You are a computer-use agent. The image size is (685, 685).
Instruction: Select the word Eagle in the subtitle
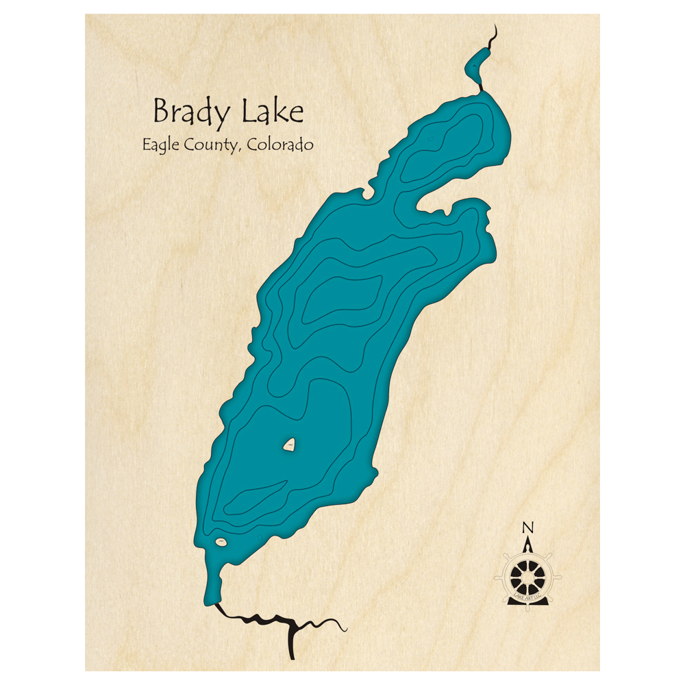(x=160, y=145)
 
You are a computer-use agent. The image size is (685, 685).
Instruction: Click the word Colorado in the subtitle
(x=281, y=145)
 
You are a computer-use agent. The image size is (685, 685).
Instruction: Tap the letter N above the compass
(x=527, y=527)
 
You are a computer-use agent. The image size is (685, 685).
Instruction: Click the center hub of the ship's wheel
(x=528, y=577)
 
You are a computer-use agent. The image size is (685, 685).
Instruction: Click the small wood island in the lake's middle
(x=290, y=446)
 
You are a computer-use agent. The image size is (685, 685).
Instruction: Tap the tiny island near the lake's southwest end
(x=221, y=543)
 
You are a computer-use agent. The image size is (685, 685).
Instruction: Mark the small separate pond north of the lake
(x=474, y=67)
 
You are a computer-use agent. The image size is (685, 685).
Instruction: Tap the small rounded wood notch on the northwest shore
(x=370, y=193)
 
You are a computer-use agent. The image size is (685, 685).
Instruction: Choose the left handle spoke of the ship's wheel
(x=499, y=577)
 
